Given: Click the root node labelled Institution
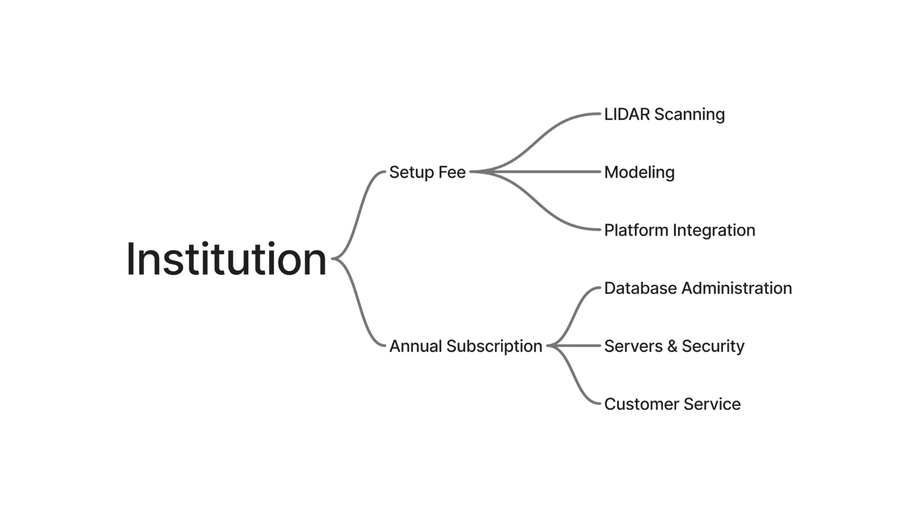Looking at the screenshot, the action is (226, 259).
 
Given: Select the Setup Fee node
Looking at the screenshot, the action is (427, 172).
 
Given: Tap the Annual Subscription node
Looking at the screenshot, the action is (466, 346).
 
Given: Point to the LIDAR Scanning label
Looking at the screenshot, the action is (664, 114).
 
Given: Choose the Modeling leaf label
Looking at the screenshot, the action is (639, 172).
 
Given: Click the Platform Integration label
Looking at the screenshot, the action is (679, 230).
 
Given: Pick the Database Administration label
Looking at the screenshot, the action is (698, 288).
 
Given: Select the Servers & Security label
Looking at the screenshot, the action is (674, 346).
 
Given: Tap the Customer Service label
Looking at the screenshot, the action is (672, 404).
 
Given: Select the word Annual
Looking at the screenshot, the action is (415, 346).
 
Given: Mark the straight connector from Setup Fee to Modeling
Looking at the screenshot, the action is (535, 171).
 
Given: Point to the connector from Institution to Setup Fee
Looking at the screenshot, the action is (358, 215).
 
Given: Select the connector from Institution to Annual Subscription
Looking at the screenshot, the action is (358, 302).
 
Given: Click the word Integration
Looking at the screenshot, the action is (714, 230).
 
